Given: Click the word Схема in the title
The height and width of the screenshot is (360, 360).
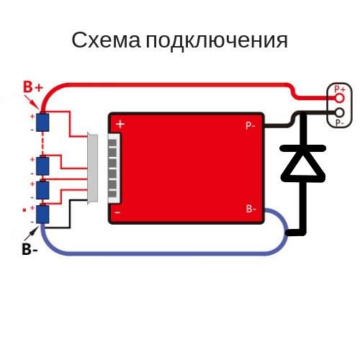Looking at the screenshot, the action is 106,40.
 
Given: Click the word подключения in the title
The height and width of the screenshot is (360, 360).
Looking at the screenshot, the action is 217,41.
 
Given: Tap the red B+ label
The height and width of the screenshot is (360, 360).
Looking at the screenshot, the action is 33,87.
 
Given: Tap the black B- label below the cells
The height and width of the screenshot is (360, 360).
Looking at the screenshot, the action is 30,249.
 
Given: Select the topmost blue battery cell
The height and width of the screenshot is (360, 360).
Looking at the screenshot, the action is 42,122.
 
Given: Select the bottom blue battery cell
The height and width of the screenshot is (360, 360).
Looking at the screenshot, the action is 42,214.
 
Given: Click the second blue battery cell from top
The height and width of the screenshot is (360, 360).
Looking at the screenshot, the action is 42,166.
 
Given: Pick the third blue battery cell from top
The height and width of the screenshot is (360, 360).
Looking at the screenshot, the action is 42,190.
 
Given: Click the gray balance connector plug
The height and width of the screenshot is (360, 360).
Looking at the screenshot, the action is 93,168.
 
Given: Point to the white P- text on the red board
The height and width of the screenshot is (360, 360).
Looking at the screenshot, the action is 250,125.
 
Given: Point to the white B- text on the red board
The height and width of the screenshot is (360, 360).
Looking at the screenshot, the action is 251,209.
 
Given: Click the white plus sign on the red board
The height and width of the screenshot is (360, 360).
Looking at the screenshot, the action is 120,124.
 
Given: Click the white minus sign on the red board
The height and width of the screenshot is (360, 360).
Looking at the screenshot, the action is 117,212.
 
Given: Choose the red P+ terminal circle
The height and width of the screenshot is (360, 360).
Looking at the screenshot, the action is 340,98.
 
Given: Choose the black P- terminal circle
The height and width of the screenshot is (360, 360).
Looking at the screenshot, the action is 339,112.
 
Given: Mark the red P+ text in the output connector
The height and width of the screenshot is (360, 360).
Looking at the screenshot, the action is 340,89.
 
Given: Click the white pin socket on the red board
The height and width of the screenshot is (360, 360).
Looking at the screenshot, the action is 114,168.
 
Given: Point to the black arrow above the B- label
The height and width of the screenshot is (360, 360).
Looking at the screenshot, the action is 31,233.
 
